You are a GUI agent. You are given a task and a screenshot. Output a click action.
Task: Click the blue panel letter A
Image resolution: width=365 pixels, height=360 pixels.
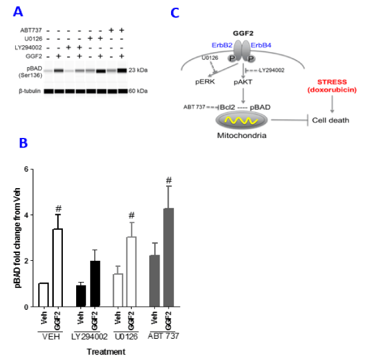coord(18,11)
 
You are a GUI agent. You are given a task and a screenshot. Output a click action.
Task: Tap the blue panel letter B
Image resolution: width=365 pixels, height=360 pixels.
coord(24,143)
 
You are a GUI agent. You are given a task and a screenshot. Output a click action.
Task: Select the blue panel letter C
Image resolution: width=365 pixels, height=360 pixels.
coord(175,13)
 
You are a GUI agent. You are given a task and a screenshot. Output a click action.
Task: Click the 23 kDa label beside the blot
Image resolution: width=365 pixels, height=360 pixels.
coord(138,70)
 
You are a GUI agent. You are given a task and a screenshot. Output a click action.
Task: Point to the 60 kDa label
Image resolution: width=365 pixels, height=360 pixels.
coord(138,91)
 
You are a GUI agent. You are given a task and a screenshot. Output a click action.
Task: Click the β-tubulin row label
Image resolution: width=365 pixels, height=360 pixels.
coord(30,91)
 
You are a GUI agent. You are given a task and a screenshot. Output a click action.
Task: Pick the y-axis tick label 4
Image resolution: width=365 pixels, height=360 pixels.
coord(27,215)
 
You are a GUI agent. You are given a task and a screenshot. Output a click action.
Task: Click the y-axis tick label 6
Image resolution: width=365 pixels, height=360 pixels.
coord(27,169)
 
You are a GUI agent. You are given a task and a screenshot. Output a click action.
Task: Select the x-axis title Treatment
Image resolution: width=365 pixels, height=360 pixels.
coord(106,352)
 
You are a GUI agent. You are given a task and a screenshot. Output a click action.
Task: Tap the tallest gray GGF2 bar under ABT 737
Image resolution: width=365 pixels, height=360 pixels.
coord(169,258)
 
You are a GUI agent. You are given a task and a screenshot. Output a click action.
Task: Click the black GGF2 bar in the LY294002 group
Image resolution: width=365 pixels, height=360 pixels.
coord(95,284)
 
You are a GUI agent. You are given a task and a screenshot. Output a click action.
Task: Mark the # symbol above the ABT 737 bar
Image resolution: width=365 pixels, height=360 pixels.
coord(169,180)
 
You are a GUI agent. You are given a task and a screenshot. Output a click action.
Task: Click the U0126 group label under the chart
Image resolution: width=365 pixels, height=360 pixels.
coord(126,336)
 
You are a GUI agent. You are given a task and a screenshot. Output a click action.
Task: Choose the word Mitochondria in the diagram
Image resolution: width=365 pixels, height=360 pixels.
coord(242,136)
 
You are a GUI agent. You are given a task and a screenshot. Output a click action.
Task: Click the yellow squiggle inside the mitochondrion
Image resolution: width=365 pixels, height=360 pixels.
coord(241,120)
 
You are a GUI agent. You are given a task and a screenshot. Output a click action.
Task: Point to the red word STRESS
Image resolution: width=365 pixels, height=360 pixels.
coord(332,82)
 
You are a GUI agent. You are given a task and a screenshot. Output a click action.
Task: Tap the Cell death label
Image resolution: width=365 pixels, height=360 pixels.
coord(331,120)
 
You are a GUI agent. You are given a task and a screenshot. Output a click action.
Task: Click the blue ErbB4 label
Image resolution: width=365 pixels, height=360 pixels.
coord(260,45)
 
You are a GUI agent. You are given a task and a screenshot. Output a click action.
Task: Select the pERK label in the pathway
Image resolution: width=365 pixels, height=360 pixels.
coord(205,82)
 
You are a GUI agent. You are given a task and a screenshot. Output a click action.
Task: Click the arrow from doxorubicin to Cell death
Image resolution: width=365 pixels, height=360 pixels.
coord(332,104)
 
